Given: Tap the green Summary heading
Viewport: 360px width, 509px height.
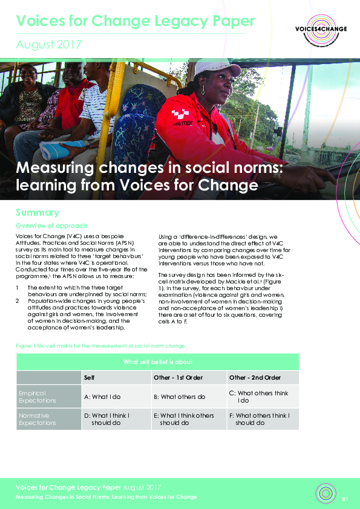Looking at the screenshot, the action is [x=38, y=213].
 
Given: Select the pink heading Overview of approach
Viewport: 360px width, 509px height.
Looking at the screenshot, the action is [x=52, y=226].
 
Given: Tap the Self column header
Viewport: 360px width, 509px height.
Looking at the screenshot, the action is [x=89, y=378].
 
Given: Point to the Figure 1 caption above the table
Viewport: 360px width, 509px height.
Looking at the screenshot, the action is [x=100, y=345].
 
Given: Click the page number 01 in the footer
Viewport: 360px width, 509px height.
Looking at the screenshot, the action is [x=345, y=499].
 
